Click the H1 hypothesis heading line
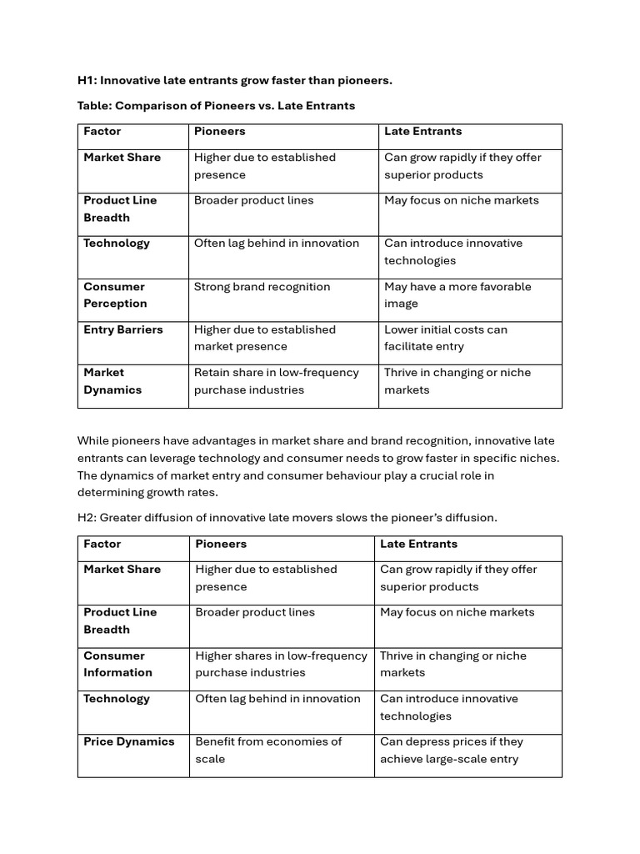[234, 80]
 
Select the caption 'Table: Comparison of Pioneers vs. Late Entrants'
[216, 106]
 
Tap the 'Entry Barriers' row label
[122, 329]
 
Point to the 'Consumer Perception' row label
[115, 295]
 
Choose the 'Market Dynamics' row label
[112, 381]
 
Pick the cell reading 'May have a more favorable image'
[457, 295]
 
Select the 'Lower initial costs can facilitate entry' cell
[445, 338]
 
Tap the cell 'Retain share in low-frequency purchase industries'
[276, 381]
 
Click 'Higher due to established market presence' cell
[264, 338]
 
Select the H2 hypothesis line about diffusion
[287, 517]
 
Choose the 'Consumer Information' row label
[117, 664]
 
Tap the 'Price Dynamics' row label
[128, 741]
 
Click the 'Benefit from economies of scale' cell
[268, 750]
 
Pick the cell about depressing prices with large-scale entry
[451, 750]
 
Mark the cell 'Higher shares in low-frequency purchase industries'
[281, 664]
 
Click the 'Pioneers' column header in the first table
[219, 131]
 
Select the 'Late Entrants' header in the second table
[418, 544]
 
